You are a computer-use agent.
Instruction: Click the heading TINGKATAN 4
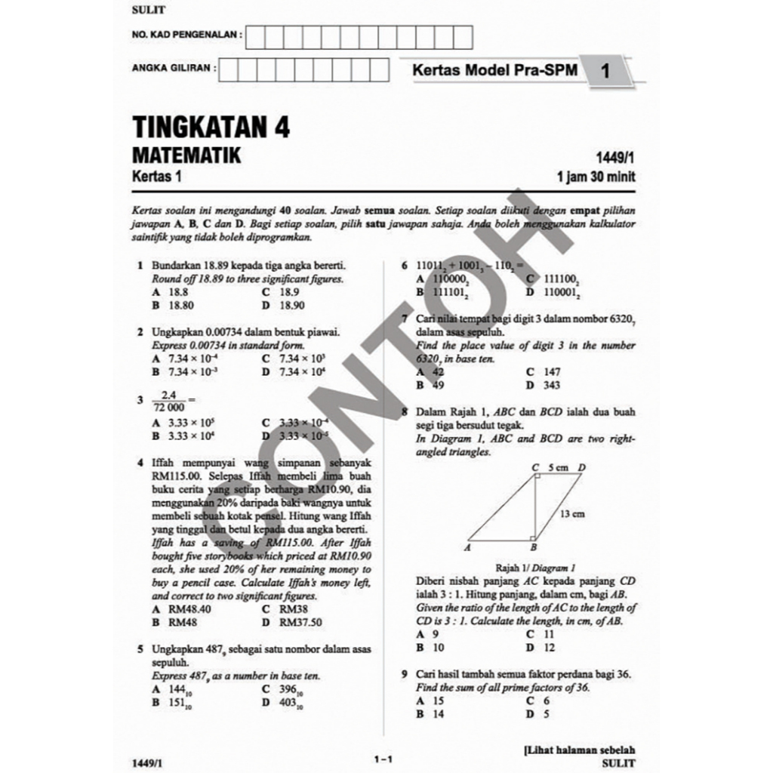211,126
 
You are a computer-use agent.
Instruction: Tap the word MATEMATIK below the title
186,156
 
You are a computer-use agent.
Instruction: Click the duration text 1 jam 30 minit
596,178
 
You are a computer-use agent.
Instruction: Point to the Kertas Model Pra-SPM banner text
494,70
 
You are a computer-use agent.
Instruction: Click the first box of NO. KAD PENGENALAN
255,35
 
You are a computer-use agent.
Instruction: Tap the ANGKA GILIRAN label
173,67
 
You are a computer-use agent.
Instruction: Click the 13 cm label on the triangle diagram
572,514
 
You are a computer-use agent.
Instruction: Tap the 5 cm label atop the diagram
558,468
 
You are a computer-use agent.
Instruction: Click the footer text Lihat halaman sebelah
579,750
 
